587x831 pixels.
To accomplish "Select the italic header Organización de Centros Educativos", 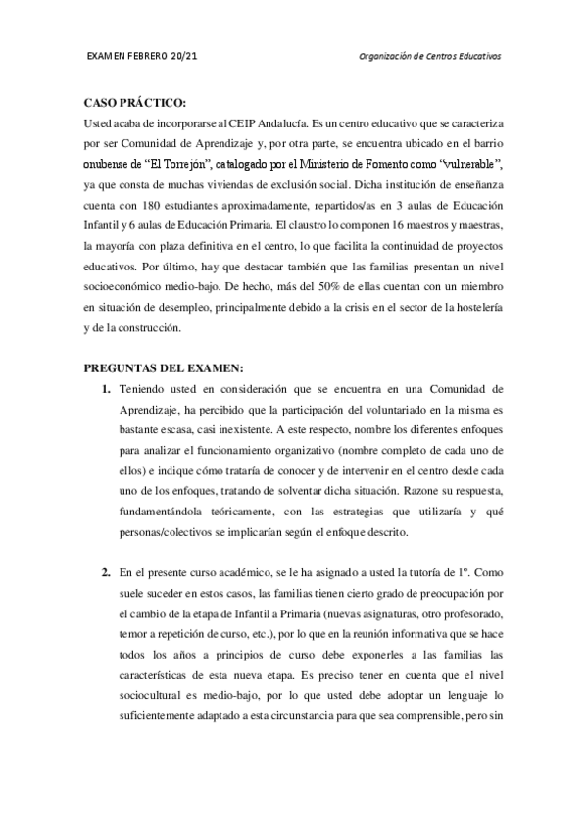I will coord(430,56).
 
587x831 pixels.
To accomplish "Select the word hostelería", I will coord(477,309).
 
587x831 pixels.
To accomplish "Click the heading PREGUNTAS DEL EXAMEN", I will coord(163,368).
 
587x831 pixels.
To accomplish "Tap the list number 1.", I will coord(106,389).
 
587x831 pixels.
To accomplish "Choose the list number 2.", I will coord(106,571).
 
